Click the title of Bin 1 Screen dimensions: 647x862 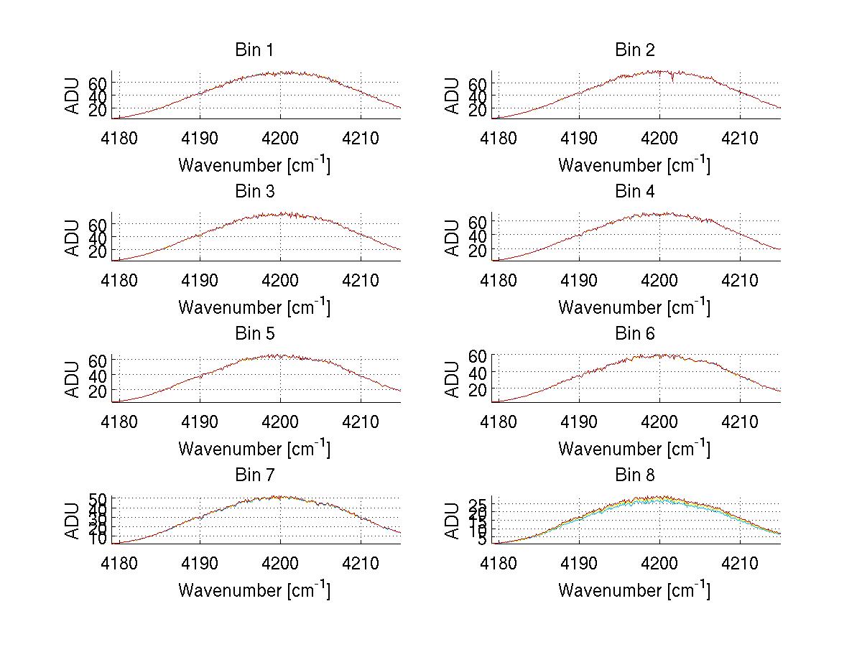[x=254, y=50]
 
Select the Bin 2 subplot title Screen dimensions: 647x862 [x=634, y=50]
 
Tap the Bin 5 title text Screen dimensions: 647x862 [x=254, y=334]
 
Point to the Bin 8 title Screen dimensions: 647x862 [x=634, y=475]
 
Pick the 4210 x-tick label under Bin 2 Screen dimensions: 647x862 [x=740, y=137]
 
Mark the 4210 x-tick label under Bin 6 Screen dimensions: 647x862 [x=740, y=421]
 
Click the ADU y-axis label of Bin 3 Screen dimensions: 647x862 [x=73, y=238]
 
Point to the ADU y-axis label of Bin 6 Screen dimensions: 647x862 [x=453, y=380]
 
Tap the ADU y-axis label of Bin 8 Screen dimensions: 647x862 [x=453, y=521]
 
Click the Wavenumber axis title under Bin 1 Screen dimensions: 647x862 [x=254, y=164]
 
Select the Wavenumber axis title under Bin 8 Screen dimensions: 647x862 [x=634, y=590]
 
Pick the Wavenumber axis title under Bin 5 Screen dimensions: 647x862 [x=254, y=448]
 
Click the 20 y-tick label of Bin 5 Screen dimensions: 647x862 [x=98, y=391]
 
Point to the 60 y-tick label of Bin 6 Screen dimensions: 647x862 [x=478, y=355]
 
